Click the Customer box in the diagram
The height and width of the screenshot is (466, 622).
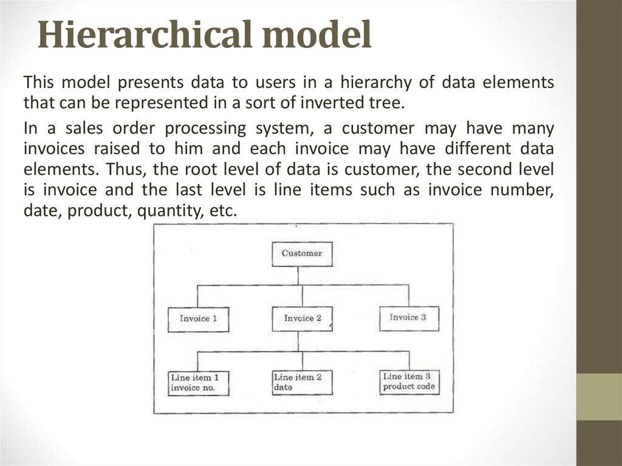(302, 253)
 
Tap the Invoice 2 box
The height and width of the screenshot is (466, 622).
(302, 318)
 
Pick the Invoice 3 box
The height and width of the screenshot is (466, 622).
(408, 318)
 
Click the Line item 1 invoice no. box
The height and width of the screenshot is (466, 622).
(199, 383)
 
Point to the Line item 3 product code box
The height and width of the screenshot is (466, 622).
(409, 382)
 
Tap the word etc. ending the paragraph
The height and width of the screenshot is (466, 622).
(219, 211)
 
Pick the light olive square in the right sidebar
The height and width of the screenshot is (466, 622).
(598, 397)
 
